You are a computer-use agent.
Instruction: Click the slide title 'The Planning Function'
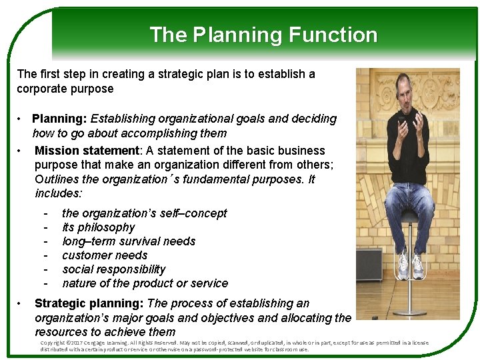click(263, 35)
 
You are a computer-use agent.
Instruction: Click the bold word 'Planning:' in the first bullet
click(59, 119)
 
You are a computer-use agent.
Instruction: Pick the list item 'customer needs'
click(105, 255)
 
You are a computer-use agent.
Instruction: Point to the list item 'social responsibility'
click(113, 269)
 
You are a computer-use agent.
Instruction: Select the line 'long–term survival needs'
click(129, 241)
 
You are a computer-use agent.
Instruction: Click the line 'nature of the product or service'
click(145, 283)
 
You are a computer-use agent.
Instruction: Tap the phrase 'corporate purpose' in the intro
click(65, 89)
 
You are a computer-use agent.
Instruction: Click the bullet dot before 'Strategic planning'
click(22, 304)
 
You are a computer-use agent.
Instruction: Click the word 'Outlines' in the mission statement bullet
click(57, 179)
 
